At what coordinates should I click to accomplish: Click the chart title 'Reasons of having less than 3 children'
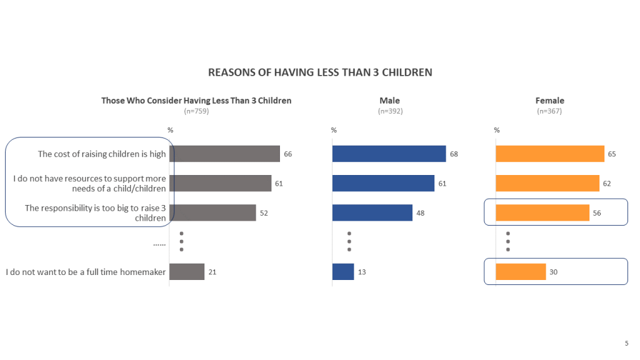[319, 72]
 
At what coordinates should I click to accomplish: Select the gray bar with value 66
[224, 154]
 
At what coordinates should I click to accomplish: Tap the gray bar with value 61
[220, 183]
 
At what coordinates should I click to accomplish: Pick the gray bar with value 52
[212, 212]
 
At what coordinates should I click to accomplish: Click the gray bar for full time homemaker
[187, 272]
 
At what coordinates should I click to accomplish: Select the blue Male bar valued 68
[389, 154]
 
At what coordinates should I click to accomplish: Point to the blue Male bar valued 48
[372, 212]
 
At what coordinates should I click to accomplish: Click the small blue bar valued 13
[343, 272]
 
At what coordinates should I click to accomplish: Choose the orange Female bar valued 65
[550, 154]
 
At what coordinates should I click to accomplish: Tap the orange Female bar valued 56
[542, 212]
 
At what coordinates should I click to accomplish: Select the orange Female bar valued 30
[521, 272]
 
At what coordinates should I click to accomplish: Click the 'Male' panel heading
[389, 101]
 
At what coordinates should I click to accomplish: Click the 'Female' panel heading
[549, 101]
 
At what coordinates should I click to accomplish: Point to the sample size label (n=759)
[196, 111]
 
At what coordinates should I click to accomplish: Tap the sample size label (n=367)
[549, 111]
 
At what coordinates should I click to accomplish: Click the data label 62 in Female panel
[607, 184]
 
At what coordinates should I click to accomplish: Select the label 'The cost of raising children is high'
[102, 154]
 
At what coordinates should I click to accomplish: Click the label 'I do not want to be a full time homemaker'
[86, 272]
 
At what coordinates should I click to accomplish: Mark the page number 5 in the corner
[626, 342]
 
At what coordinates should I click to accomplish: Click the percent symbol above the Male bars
[334, 131]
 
